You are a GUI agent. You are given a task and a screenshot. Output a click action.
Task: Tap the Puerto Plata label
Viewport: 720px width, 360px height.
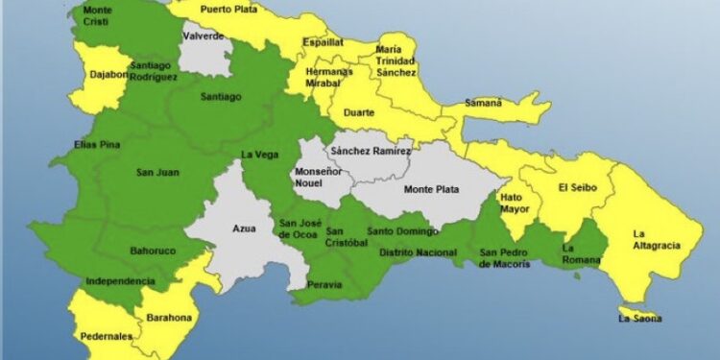point(229,10)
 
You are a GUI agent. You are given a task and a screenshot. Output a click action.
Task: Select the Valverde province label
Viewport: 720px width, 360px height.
point(204,36)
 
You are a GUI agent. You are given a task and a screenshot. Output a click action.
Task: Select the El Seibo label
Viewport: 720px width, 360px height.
point(578,188)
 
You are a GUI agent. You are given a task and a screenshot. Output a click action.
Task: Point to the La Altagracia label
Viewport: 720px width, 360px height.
point(656,239)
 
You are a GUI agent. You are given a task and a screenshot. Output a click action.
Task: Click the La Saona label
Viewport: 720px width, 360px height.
point(639,318)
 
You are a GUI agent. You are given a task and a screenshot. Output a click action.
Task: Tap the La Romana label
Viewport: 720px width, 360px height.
point(579,255)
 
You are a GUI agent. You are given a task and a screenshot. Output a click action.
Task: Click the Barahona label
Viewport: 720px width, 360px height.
point(169,318)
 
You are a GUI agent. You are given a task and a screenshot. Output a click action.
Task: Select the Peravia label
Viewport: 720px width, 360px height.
point(324,285)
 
